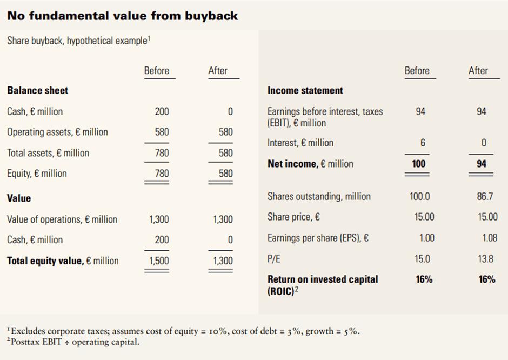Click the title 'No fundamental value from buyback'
[122, 16]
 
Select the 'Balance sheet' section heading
[37, 90]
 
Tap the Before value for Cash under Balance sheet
[162, 111]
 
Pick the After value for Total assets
[225, 153]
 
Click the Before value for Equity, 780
[162, 174]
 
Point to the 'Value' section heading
[19, 198]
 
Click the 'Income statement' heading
[305, 90]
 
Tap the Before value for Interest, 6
[423, 143]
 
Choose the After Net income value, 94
[481, 164]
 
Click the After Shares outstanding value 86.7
[482, 196]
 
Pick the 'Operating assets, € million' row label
[57, 132]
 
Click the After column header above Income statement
[478, 71]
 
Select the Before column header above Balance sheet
[157, 71]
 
